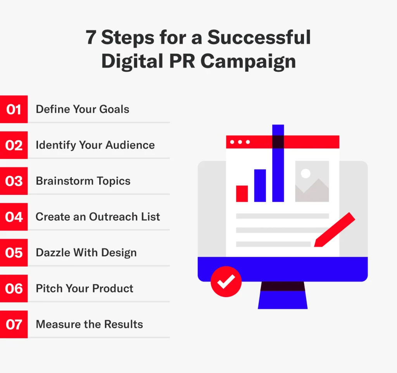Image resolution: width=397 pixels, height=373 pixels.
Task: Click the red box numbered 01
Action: click(14, 109)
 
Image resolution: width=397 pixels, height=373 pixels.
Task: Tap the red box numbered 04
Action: click(14, 217)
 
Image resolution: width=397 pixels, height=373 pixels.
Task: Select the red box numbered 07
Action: click(14, 324)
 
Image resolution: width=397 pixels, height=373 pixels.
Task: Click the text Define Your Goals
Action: click(83, 109)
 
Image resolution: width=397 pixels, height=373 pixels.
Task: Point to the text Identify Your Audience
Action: click(95, 145)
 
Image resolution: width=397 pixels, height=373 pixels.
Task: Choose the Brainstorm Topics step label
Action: click(83, 181)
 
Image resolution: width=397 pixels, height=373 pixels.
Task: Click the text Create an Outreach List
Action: click(98, 217)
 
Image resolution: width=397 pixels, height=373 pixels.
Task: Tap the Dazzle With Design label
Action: click(86, 253)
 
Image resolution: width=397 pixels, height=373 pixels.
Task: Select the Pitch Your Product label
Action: click(85, 289)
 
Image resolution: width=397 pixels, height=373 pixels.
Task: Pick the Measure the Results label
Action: click(89, 324)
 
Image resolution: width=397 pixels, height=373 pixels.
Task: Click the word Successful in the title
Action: click(259, 38)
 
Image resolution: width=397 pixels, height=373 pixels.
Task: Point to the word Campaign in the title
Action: click(248, 62)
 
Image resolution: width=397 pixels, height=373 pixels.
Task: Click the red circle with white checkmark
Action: click(226, 282)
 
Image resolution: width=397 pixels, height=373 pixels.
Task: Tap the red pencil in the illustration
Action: click(335, 229)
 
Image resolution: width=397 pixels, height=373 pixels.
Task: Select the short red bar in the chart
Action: click(242, 194)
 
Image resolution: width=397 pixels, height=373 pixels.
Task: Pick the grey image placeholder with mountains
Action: click(312, 181)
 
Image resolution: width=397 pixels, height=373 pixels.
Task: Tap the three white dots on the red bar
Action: click(240, 142)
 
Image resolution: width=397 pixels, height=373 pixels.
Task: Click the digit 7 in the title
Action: click(91, 38)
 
